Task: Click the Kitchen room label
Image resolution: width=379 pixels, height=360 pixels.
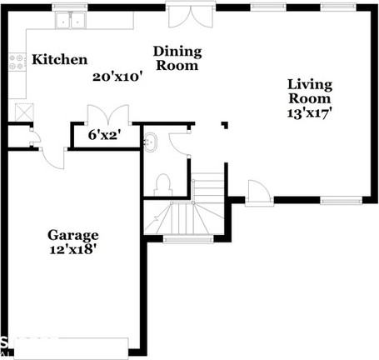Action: [x=59, y=60]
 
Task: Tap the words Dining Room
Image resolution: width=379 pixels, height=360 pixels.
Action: [x=177, y=58]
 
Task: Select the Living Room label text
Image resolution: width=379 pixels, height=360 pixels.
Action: [x=310, y=91]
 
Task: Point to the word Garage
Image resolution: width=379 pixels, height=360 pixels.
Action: [x=72, y=235]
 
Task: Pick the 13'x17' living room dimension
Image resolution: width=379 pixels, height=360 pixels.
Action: [x=310, y=114]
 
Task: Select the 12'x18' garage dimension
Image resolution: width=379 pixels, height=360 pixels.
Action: [x=72, y=248]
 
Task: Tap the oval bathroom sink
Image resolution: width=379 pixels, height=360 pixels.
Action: [x=151, y=142]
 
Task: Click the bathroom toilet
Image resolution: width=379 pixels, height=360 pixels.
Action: [x=163, y=182]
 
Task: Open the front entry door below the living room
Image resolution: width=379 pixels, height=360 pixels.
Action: [x=257, y=192]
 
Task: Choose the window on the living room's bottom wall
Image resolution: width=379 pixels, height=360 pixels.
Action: [x=340, y=200]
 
